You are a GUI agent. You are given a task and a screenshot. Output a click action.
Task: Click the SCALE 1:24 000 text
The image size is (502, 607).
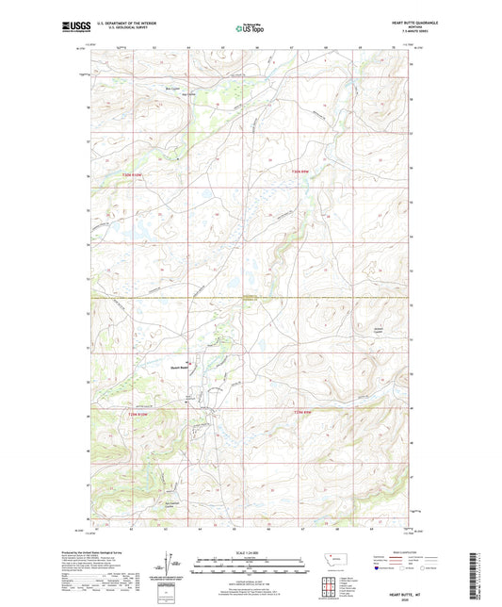tap(251, 553)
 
